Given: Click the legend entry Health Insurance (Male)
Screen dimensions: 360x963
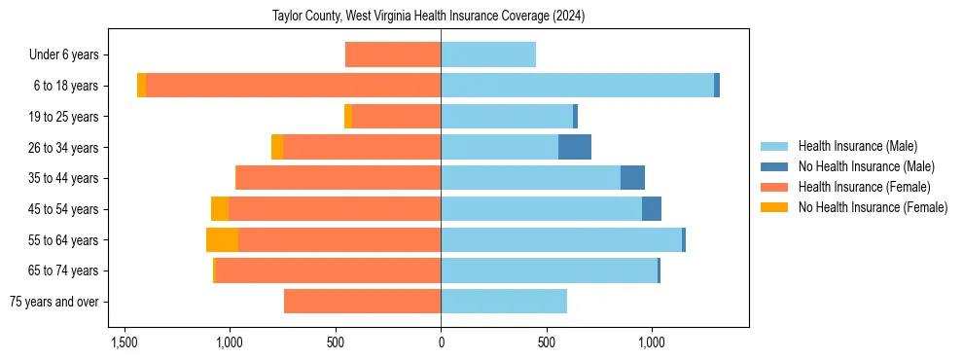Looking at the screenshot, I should coord(857,146).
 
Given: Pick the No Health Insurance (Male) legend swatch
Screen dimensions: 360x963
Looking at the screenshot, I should coord(774,166).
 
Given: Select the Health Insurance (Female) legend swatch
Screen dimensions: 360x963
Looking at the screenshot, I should coord(774,187).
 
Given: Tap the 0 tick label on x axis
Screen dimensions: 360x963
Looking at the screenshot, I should coord(441,342).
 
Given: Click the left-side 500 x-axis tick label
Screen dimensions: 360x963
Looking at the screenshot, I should coord(336,342).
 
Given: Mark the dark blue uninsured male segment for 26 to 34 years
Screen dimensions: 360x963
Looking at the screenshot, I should coord(575,148).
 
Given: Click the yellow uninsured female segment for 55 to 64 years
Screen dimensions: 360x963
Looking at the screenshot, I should coord(222,240).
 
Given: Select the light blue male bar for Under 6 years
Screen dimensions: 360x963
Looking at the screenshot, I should coord(488,55).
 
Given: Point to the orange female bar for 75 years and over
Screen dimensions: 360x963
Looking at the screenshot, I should coord(362,302).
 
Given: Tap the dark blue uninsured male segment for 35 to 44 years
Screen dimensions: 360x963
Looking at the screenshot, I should coord(632,178).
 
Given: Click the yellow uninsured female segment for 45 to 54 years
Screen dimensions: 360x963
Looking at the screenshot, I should coord(220,209).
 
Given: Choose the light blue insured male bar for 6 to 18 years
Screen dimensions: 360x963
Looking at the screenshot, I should coord(577,86).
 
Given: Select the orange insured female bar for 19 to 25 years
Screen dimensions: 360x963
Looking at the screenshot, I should coord(396,117).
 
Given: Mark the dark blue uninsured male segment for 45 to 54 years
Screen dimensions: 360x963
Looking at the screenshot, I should coord(652,209).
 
